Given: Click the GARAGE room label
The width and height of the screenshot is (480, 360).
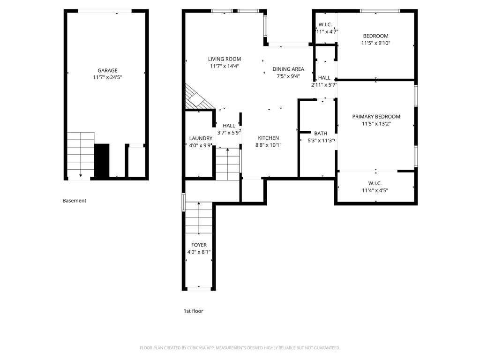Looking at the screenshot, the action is pyautogui.click(x=107, y=70).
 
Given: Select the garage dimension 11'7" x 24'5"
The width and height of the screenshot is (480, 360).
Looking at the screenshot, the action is pyautogui.click(x=107, y=77).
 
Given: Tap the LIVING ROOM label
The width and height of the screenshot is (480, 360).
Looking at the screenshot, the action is pyautogui.click(x=225, y=59).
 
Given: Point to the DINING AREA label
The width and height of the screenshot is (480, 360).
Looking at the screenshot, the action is pyautogui.click(x=288, y=69).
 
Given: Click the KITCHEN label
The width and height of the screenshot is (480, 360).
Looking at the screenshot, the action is pyautogui.click(x=269, y=138).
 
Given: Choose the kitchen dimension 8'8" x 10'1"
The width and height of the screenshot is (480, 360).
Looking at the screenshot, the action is pyautogui.click(x=269, y=145).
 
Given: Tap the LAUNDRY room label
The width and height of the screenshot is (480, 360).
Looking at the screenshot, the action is pyautogui.click(x=201, y=138).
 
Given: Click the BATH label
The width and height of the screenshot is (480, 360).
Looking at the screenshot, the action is pyautogui.click(x=321, y=134).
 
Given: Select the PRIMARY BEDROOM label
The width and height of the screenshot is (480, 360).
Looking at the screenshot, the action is pyautogui.click(x=376, y=117).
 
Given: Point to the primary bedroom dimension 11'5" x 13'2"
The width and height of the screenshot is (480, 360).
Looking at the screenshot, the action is pyautogui.click(x=376, y=124).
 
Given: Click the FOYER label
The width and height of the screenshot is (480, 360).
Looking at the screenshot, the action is pyautogui.click(x=199, y=245).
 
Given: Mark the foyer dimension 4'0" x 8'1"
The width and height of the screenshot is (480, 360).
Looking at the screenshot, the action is pyautogui.click(x=199, y=252).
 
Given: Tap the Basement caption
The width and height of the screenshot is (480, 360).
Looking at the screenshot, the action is pyautogui.click(x=75, y=201).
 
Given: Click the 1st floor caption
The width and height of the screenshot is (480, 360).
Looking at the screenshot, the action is pyautogui.click(x=194, y=311).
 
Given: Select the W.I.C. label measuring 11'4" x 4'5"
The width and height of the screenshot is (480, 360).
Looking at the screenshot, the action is pyautogui.click(x=375, y=183).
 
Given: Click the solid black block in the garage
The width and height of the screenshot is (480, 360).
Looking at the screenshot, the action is pyautogui.click(x=102, y=160).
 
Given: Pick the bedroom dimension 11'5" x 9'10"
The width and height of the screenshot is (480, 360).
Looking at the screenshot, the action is pyautogui.click(x=376, y=43).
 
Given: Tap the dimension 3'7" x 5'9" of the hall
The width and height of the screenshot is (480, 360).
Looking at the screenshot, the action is pyautogui.click(x=229, y=133).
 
